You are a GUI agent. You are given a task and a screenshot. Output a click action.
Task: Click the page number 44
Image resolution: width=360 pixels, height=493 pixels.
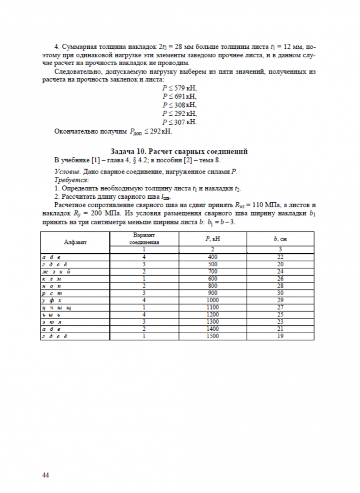45,475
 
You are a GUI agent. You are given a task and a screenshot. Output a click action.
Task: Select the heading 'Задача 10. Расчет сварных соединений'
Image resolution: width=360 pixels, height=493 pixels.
179,151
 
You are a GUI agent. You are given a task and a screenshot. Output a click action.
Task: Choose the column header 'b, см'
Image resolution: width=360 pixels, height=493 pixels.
281,238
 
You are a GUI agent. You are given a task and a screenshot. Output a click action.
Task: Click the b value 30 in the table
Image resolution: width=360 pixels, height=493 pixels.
281,293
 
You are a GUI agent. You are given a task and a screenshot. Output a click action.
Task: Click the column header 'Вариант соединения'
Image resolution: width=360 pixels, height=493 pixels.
144,239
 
